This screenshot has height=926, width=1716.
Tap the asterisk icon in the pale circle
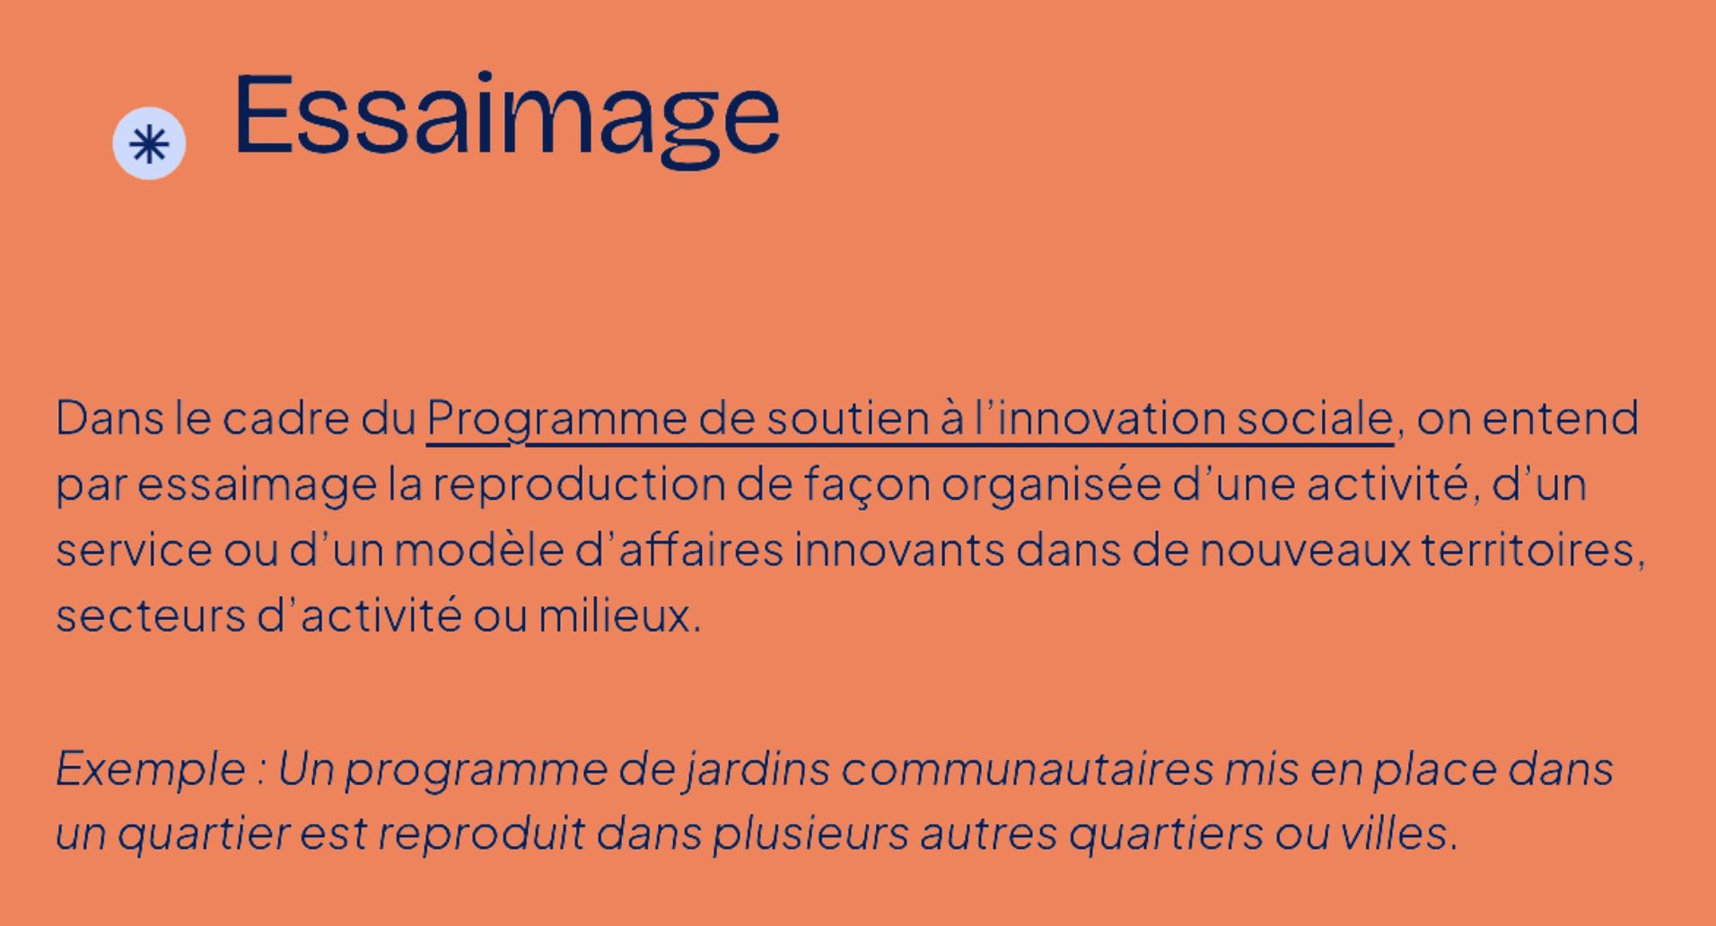pos(149,144)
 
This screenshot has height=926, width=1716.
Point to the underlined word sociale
pos(1315,418)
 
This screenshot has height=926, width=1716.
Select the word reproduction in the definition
pos(579,485)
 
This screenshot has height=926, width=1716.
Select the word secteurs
pos(151,616)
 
